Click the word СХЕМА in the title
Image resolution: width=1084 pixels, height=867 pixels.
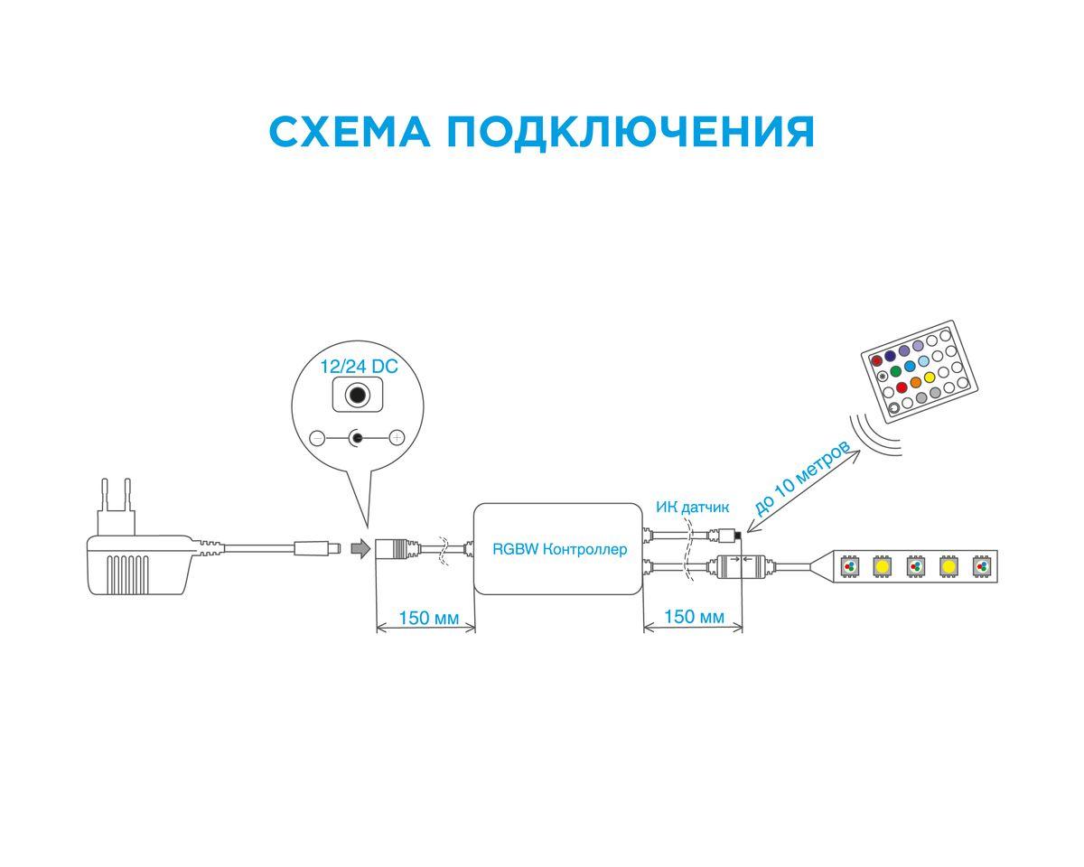[x=348, y=132]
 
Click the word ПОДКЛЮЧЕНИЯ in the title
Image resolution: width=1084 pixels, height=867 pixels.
[x=630, y=132]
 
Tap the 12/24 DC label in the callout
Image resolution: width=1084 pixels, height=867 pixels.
[x=359, y=368]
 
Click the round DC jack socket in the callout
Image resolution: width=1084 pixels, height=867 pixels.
[x=359, y=396]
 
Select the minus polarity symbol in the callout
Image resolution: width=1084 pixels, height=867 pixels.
[x=317, y=439]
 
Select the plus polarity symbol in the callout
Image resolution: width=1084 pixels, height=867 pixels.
[x=396, y=439]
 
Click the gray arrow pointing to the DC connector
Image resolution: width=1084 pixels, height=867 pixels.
[x=360, y=548]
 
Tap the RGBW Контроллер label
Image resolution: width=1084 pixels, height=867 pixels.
[x=559, y=549]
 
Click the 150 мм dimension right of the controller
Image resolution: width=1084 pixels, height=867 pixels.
[x=693, y=617]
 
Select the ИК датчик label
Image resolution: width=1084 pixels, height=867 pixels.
[x=692, y=508]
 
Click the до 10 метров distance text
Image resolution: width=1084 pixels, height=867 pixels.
[x=800, y=479]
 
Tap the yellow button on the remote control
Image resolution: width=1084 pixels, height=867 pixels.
[x=930, y=378]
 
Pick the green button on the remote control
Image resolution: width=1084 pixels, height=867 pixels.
[x=895, y=371]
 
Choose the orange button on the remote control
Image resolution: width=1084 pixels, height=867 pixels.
[x=915, y=383]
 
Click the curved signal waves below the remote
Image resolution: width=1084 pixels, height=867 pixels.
[x=878, y=433]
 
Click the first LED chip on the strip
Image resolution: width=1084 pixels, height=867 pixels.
[x=849, y=566]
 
